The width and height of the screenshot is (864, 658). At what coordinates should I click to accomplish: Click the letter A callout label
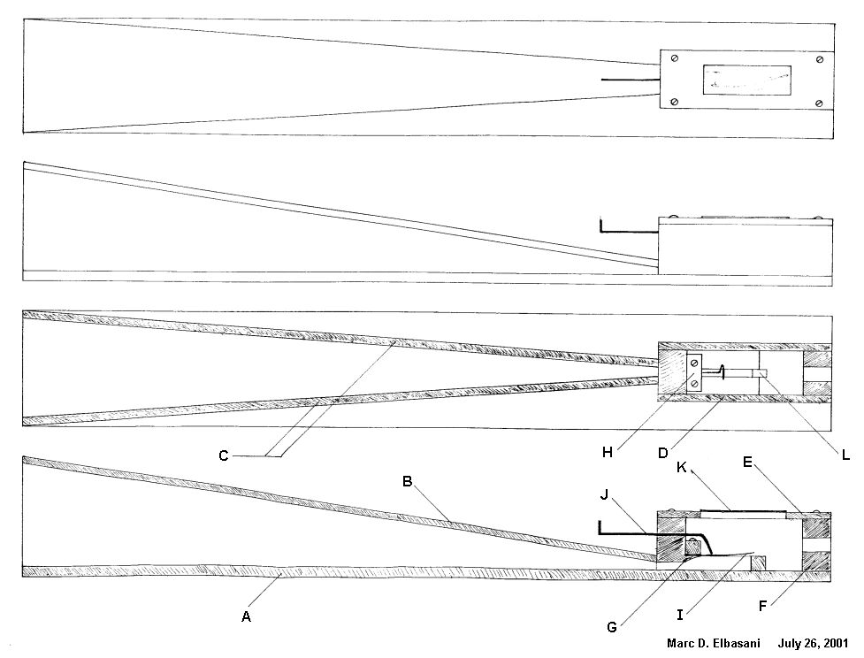tap(247, 617)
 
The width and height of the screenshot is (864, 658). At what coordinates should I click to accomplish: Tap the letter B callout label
tap(408, 482)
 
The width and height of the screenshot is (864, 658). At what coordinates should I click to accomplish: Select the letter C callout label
tap(224, 456)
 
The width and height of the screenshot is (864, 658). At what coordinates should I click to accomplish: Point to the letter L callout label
tap(845, 456)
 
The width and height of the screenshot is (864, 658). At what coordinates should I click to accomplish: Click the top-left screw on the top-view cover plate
tap(675, 59)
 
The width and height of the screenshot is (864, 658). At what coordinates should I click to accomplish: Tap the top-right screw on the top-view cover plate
tap(820, 59)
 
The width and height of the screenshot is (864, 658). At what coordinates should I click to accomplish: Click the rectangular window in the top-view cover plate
tap(747, 80)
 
